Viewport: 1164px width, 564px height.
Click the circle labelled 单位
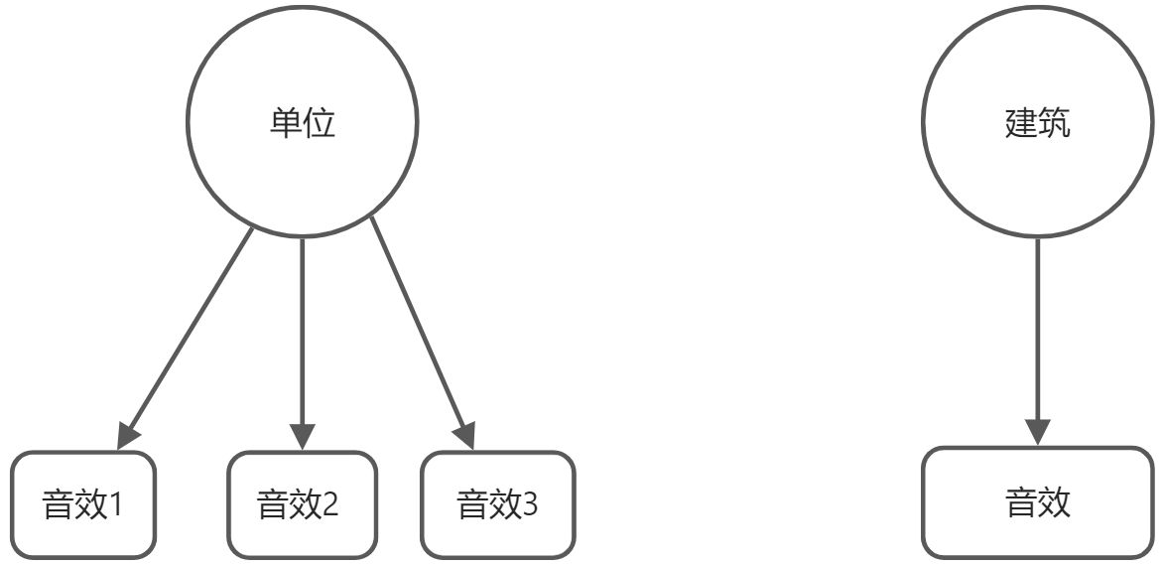302,124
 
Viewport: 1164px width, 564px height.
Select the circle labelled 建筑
1038,124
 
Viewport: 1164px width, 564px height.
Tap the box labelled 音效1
83,504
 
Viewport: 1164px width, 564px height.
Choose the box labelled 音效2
302,504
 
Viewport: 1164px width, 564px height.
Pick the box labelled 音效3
497,504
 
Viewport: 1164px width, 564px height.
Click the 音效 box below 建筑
1038,502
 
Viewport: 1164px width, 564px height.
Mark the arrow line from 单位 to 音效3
418,328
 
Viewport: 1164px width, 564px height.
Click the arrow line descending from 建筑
1038,328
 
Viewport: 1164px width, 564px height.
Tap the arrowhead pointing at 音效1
127,435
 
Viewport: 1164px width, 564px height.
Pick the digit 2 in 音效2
331,505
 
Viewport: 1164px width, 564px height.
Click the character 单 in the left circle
285,124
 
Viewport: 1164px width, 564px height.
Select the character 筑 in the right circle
1055,124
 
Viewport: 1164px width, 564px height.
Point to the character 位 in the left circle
320,124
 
